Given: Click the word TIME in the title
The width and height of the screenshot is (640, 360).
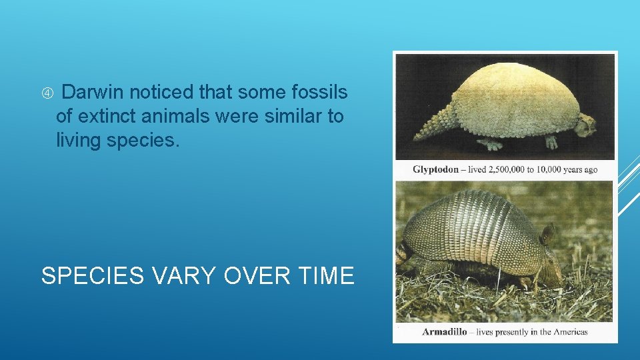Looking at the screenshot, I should tap(323, 275).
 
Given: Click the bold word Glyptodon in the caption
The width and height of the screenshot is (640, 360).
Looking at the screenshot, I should tap(435, 169).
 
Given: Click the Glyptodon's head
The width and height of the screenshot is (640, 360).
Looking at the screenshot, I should tap(585, 125).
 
